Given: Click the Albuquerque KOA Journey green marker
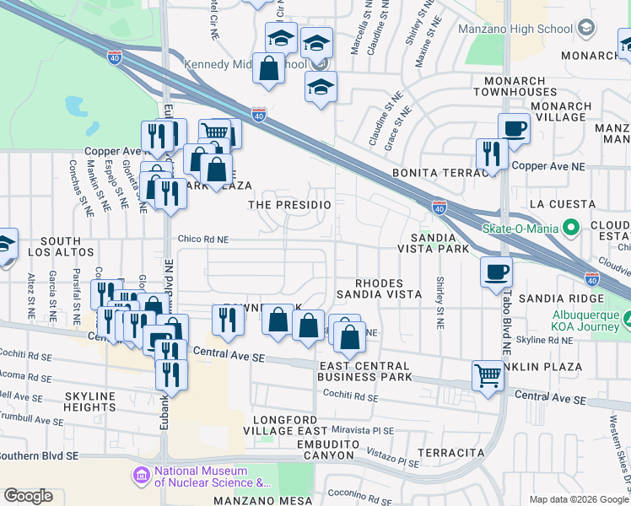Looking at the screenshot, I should pos(628,319).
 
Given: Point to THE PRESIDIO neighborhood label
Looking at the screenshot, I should pos(284,205).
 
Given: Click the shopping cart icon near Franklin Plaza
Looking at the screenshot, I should pos(488,375).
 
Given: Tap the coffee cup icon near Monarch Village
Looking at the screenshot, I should pos(514,129).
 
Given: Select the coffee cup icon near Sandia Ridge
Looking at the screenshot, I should pos(496,272).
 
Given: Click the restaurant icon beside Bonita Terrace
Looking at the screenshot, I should pos(489,154).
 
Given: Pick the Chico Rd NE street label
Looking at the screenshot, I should pos(202,240).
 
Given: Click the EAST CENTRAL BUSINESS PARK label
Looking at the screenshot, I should pos(365,371).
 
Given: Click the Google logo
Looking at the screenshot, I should pos(28,496).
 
